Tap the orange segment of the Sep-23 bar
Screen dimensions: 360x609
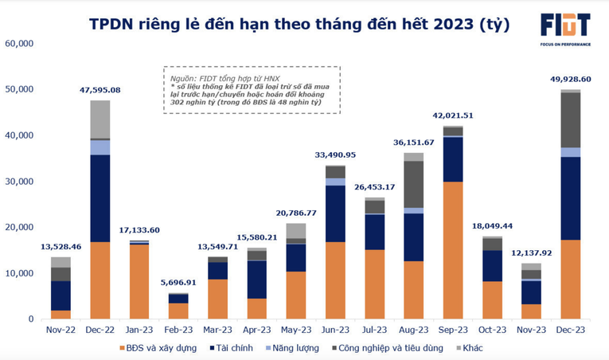452,250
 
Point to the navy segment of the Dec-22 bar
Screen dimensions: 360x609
100,198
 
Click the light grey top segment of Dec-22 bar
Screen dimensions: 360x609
100,119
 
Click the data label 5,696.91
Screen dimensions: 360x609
178,283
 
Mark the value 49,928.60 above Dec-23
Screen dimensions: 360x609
570,79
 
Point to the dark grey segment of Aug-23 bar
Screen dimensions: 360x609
413,184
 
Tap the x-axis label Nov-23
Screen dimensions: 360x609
531,330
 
